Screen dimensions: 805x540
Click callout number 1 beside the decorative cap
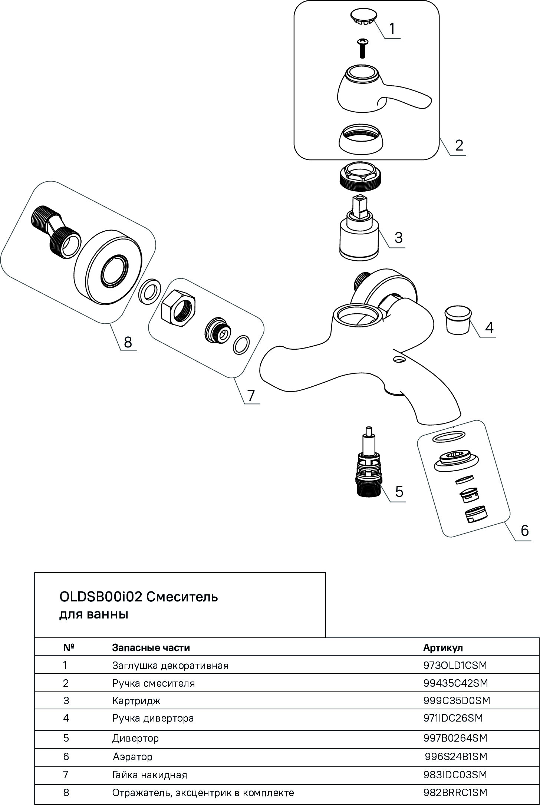(392, 28)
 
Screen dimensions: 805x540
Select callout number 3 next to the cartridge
(398, 237)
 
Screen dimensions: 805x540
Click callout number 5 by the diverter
(399, 491)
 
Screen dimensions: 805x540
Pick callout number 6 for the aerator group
(524, 531)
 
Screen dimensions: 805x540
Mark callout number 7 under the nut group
(251, 395)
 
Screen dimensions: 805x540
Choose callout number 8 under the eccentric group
(128, 342)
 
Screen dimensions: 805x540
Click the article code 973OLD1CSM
(455, 676)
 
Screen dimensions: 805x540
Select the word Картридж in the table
(136, 711)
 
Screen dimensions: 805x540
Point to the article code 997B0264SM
(455, 748)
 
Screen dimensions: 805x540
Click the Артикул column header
(443, 658)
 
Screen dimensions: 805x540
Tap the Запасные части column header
(151, 658)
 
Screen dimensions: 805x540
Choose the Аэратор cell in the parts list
(132, 767)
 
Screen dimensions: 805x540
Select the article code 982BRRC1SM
(455, 803)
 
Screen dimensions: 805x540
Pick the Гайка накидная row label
(149, 785)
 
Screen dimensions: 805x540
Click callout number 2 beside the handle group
(459, 145)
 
